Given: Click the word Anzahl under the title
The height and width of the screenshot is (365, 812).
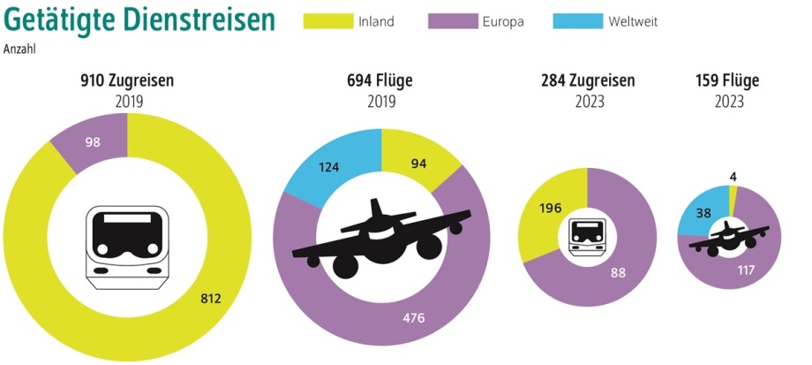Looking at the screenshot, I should point(20,50).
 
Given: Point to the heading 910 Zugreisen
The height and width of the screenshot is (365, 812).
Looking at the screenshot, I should point(128,81).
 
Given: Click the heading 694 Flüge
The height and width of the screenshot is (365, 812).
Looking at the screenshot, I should point(380,81).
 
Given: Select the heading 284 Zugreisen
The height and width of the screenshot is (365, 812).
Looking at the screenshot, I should point(588,81).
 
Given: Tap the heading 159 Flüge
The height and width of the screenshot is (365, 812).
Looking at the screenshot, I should point(728,81).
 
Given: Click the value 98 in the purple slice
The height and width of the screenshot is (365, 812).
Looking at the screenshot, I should point(93,142).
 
